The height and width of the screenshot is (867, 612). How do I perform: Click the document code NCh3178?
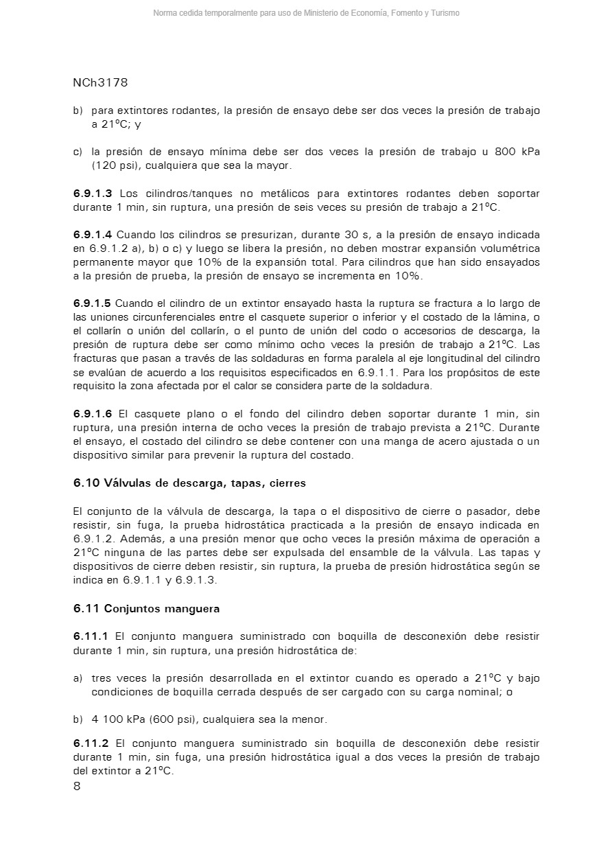tap(100, 83)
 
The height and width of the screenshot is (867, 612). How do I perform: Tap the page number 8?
tap(77, 787)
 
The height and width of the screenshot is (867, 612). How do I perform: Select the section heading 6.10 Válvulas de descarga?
tap(189, 483)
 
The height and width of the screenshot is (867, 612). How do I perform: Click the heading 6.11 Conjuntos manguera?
tap(146, 609)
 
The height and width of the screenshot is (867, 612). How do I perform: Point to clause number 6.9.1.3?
tap(93, 194)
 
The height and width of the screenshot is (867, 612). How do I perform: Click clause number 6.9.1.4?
tap(93, 235)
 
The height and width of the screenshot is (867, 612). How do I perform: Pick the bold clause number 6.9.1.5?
tap(93, 303)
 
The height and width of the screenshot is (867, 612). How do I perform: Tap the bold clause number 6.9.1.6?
tap(93, 414)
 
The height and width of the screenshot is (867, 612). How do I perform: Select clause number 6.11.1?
tap(91, 636)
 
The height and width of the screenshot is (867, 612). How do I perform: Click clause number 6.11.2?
tap(91, 743)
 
